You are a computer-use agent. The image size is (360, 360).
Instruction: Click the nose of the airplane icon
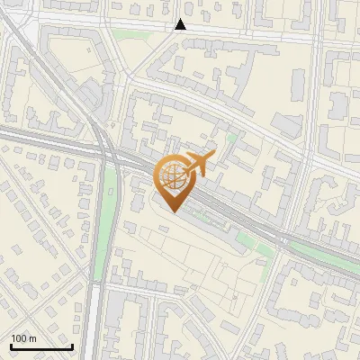point(214,155)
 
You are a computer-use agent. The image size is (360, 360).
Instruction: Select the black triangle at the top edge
point(181,25)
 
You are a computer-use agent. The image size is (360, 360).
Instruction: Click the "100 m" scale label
point(23,338)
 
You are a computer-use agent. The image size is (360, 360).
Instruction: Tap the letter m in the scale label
point(32,338)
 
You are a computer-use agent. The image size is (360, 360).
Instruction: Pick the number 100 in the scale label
point(19,338)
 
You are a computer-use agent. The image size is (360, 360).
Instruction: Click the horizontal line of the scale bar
point(41,347)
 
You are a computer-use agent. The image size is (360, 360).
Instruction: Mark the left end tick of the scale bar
point(11,346)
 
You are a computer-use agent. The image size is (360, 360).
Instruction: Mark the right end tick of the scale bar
point(72,346)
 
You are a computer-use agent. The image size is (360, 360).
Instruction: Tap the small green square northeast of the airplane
point(231,137)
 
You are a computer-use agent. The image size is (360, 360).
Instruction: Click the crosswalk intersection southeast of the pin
point(282,240)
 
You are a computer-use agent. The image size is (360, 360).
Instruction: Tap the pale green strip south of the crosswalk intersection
point(266,253)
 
